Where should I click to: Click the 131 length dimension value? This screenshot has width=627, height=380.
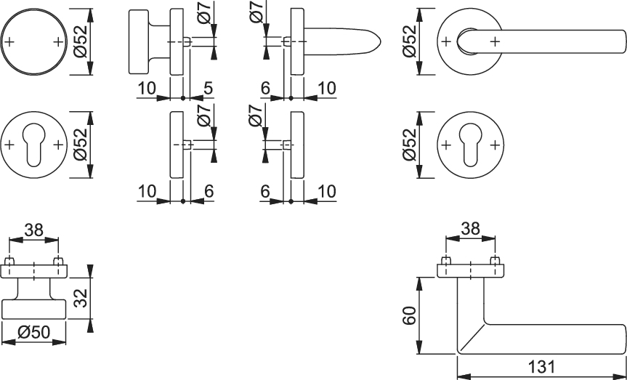[x=542, y=367]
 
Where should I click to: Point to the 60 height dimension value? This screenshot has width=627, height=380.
[x=410, y=315]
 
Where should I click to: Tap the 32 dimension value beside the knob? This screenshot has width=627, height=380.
[x=81, y=298]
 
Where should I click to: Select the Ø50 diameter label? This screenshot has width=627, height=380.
[x=34, y=331]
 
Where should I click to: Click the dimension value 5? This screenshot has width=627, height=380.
[x=208, y=88]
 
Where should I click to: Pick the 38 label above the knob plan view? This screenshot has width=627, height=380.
[x=33, y=230]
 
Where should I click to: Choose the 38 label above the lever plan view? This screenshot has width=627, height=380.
[x=470, y=229]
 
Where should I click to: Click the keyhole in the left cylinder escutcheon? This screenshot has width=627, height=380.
[x=33, y=145]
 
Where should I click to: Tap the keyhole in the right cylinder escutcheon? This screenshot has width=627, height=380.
[x=471, y=145]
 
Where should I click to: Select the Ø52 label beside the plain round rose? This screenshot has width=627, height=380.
[x=81, y=41]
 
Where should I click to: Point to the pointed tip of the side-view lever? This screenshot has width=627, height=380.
[x=380, y=41]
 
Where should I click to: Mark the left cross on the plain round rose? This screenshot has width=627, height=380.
[x=9, y=41]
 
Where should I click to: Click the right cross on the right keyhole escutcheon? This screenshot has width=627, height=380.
[x=495, y=145]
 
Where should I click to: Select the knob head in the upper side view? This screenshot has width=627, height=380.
[x=138, y=41]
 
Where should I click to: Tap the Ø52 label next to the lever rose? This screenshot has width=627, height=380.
[x=410, y=41]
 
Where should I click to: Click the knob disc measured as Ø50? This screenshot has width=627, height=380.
[x=33, y=310]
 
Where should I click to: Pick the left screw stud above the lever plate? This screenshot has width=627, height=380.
[x=445, y=260]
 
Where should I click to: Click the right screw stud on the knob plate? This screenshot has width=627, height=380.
[x=58, y=261]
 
